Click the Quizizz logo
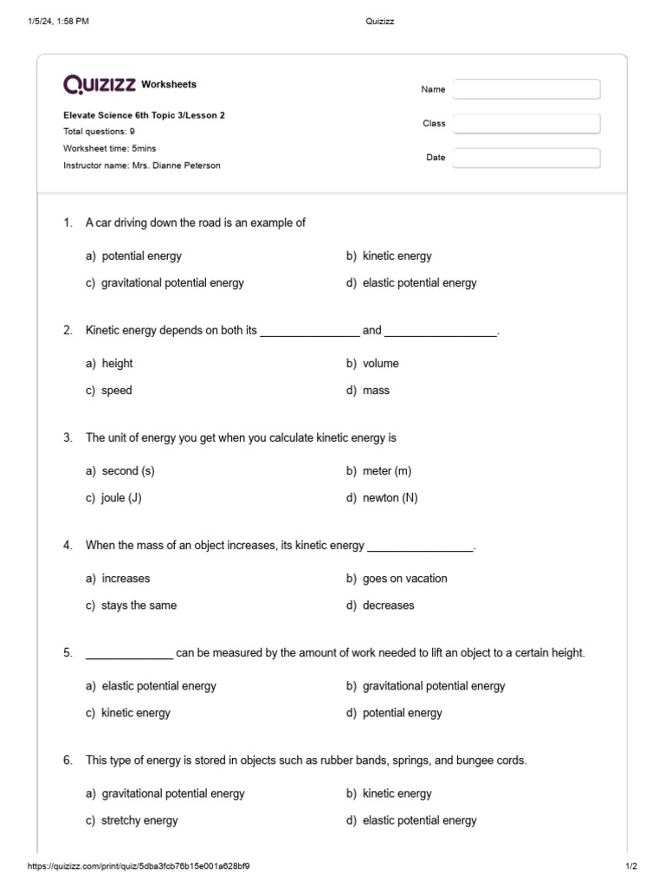pyautogui.click(x=100, y=84)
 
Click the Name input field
pyautogui.click(x=526, y=89)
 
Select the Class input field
pyautogui.click(x=526, y=124)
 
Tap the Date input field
pyautogui.click(x=526, y=158)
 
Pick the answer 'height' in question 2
pyautogui.click(x=117, y=363)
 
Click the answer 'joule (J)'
pyautogui.click(x=120, y=498)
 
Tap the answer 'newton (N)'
pyautogui.click(x=390, y=498)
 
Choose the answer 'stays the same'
pyautogui.click(x=139, y=605)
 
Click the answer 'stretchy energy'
pyautogui.click(x=139, y=820)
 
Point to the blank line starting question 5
pyautogui.click(x=129, y=654)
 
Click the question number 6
pyautogui.click(x=68, y=760)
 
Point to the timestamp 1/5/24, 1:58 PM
pyautogui.click(x=58, y=22)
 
